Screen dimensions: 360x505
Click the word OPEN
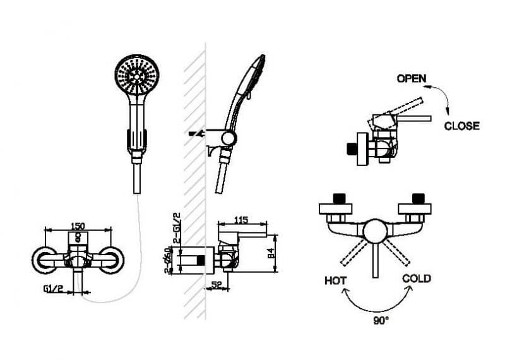coord(411,79)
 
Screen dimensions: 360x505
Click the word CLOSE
coord(461,126)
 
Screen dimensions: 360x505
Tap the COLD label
coord(417,279)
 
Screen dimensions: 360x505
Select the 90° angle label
coord(380,320)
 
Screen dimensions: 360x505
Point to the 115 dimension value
coord(241,220)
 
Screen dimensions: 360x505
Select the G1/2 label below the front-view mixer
coord(54,290)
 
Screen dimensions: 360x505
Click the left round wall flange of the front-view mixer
coord(46,260)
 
